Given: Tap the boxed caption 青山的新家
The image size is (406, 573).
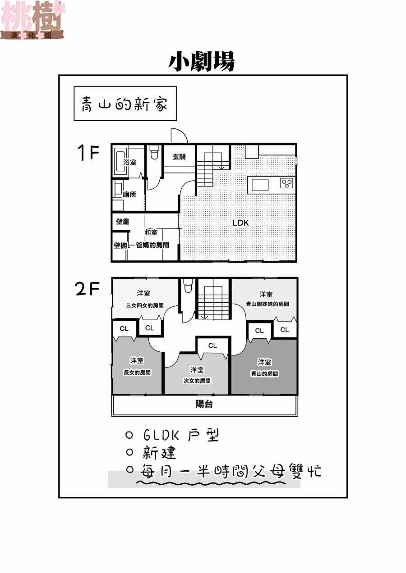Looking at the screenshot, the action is pos(125,104).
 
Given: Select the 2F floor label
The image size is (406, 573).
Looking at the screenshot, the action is pos(88,289).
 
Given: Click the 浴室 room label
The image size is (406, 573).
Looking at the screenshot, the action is pos(130,162).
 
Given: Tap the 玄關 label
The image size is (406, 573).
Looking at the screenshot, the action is pos(179,157).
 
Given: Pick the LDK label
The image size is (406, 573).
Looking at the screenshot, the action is pos(240,223).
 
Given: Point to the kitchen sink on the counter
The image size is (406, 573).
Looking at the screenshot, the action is pos(260,185).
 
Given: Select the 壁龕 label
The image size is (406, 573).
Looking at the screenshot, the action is pos(123,222).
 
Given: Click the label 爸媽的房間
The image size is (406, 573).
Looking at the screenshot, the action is pos(152,245).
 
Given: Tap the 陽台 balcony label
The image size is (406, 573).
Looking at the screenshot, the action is pos(204,405).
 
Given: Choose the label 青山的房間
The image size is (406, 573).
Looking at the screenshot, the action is pos(264,374).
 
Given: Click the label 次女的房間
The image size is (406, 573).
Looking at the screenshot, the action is pos(197,381).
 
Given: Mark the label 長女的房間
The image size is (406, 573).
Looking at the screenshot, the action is pos(137,373).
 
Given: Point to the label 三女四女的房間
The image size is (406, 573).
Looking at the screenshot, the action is pos(144,305).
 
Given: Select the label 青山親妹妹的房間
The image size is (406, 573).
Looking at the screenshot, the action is pos(268,304).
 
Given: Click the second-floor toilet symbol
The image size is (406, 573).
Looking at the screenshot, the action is pos(188,286).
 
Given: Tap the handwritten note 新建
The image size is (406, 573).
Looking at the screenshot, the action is pos(159,453).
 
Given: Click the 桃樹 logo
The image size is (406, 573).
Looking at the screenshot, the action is pos(33,20).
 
